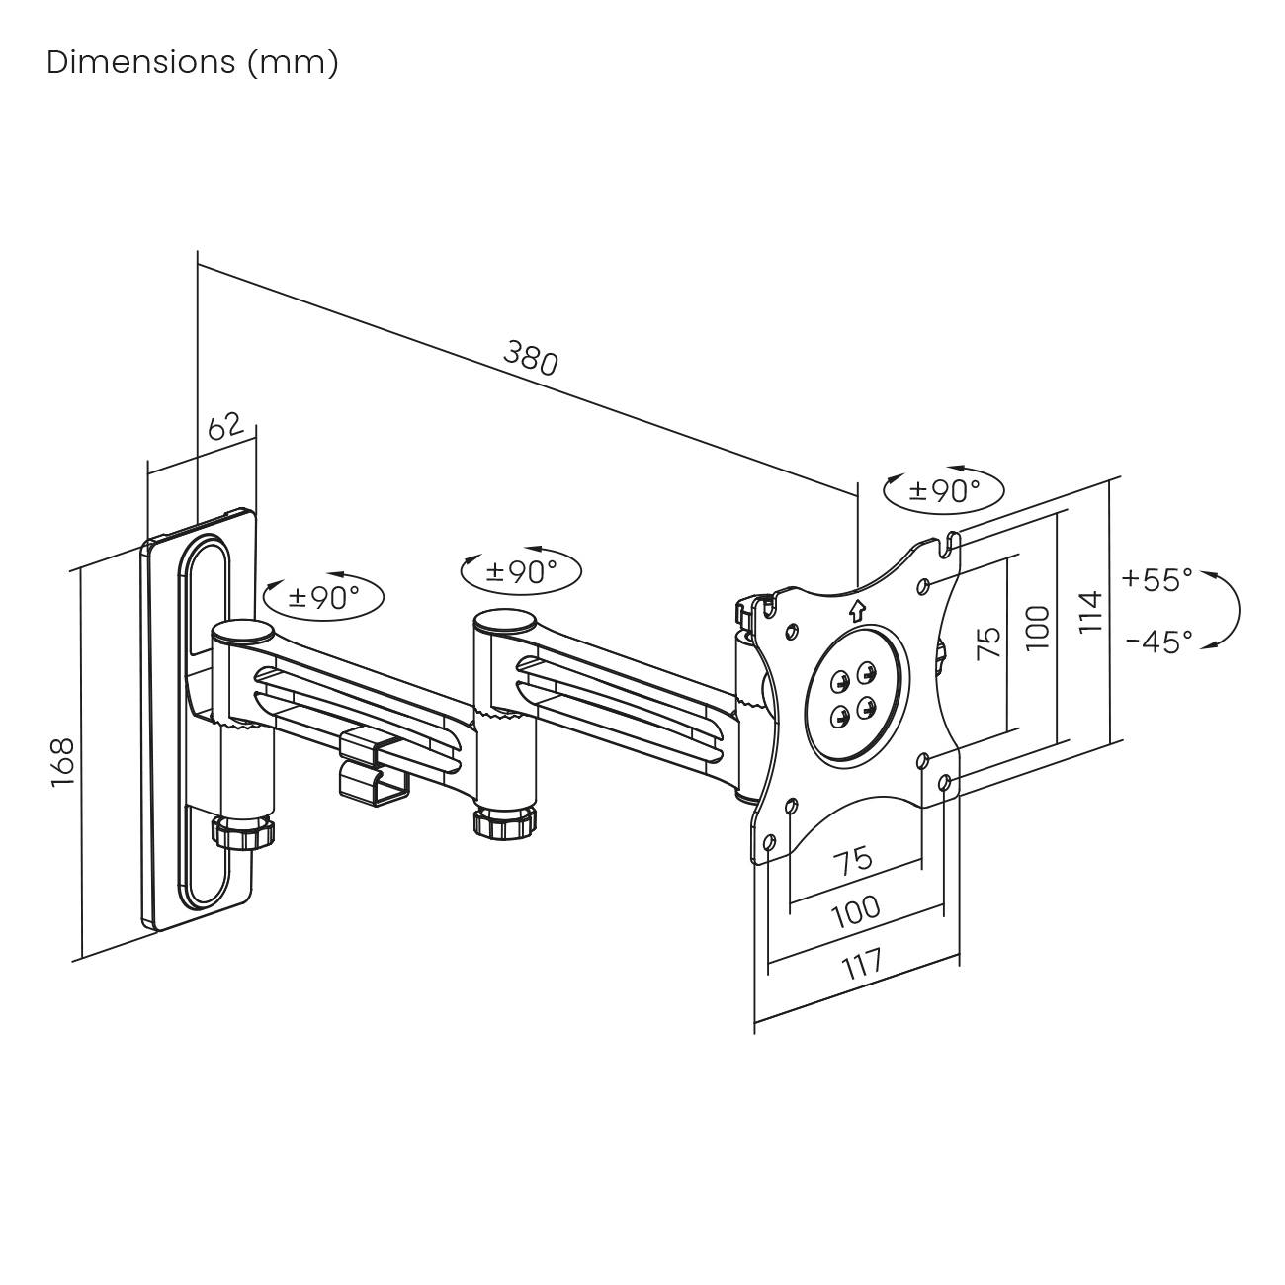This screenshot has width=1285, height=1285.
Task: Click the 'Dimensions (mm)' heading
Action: (x=193, y=62)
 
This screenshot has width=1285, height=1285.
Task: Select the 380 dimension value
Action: (x=532, y=358)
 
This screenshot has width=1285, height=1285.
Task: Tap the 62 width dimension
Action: (x=225, y=427)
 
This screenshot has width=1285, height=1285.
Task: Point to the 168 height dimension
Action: (x=63, y=761)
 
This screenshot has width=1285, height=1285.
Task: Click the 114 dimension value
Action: (x=1089, y=612)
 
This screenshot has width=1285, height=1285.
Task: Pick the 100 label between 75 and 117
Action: (x=856, y=909)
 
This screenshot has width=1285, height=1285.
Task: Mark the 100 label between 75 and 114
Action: (x=1037, y=628)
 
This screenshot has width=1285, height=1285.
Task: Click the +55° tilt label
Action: (x=1157, y=579)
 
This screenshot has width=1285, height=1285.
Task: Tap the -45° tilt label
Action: (x=1158, y=642)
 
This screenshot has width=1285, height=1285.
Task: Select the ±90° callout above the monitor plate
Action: (x=944, y=489)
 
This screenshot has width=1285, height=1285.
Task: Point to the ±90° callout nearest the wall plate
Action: (x=323, y=596)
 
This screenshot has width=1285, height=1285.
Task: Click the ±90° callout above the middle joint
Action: (x=521, y=570)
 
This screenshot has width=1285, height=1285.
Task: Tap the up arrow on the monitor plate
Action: (x=857, y=610)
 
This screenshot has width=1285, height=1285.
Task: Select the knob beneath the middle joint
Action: (x=504, y=822)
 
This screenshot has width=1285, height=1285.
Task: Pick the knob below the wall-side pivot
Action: (x=243, y=830)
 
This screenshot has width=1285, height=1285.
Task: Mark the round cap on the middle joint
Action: (x=504, y=623)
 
